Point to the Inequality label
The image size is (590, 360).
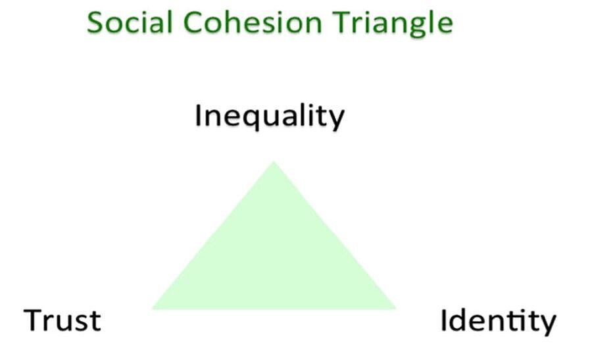269,117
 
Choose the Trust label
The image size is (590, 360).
62,321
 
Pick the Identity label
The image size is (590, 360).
498,321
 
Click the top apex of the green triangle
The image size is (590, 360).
274,162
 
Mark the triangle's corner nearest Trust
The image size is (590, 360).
153,307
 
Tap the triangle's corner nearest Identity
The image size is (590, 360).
395,307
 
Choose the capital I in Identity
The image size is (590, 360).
444,321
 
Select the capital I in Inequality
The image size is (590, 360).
199,116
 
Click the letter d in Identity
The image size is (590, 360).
459,321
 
